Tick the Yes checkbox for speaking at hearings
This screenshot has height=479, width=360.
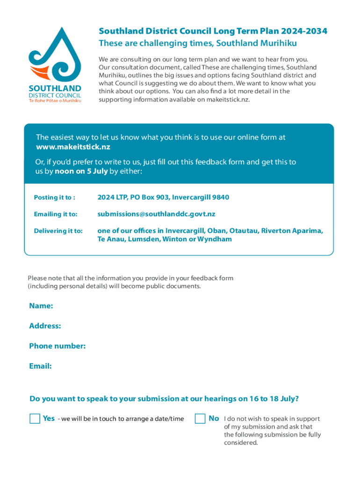pos(35,418)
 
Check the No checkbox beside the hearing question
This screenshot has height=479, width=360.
pos(200,418)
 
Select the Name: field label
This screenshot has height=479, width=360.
pos(41,306)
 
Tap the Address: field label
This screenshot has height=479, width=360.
pos(45,326)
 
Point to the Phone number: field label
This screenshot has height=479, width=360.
pos(57,346)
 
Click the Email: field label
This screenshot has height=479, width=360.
pos(40,366)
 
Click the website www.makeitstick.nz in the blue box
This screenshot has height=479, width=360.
pos(73,147)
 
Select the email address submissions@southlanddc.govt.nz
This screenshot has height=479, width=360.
pos(156,214)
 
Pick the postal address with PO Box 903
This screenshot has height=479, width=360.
pos(163,197)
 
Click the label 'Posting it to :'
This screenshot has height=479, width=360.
pos(54,197)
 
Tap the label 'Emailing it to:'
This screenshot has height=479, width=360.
pos(55,214)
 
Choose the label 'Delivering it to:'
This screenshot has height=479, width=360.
pos(58,231)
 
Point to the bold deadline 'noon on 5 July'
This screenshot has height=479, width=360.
pos(81,172)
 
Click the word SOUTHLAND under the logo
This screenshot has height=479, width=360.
pos(55,88)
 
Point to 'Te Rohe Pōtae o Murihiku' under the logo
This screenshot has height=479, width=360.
pos(55,101)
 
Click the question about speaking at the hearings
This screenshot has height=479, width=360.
pos(164,399)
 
